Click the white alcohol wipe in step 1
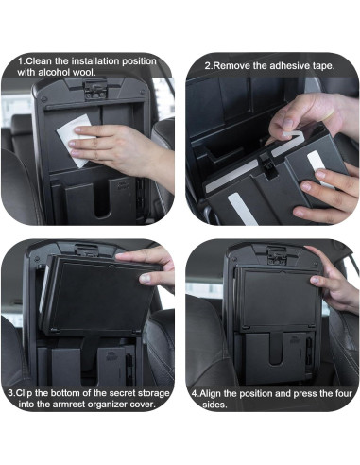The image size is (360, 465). [x=83, y=136]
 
